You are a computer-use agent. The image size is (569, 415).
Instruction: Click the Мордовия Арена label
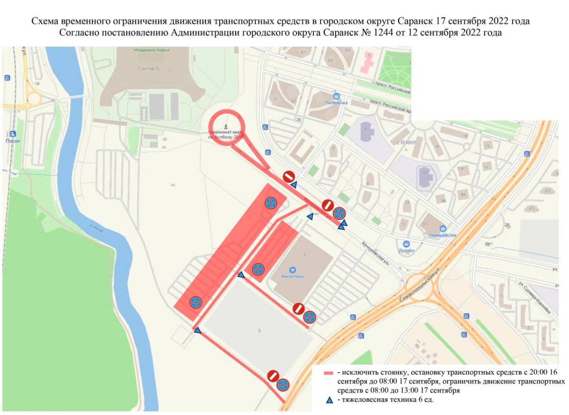[x=152, y=50]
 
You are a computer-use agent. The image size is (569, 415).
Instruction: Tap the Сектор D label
[x=149, y=69]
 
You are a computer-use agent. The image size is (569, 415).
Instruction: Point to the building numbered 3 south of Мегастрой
[x=259, y=330]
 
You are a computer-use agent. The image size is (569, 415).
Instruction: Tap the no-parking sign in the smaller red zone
[x=258, y=270]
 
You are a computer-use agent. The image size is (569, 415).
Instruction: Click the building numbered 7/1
[x=425, y=224]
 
